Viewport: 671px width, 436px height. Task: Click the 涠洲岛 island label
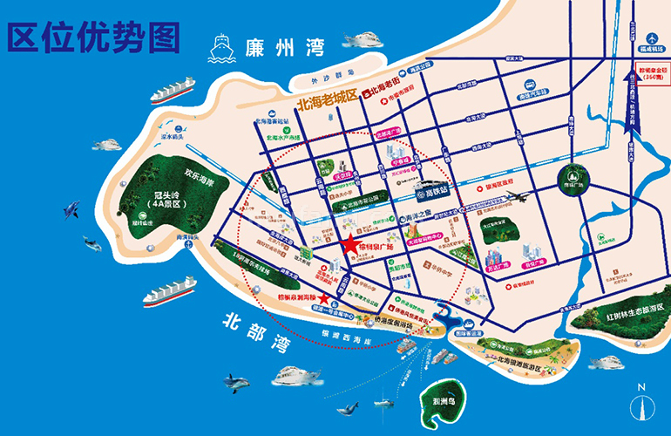point(451,402)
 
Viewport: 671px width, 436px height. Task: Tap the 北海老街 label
point(388,91)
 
